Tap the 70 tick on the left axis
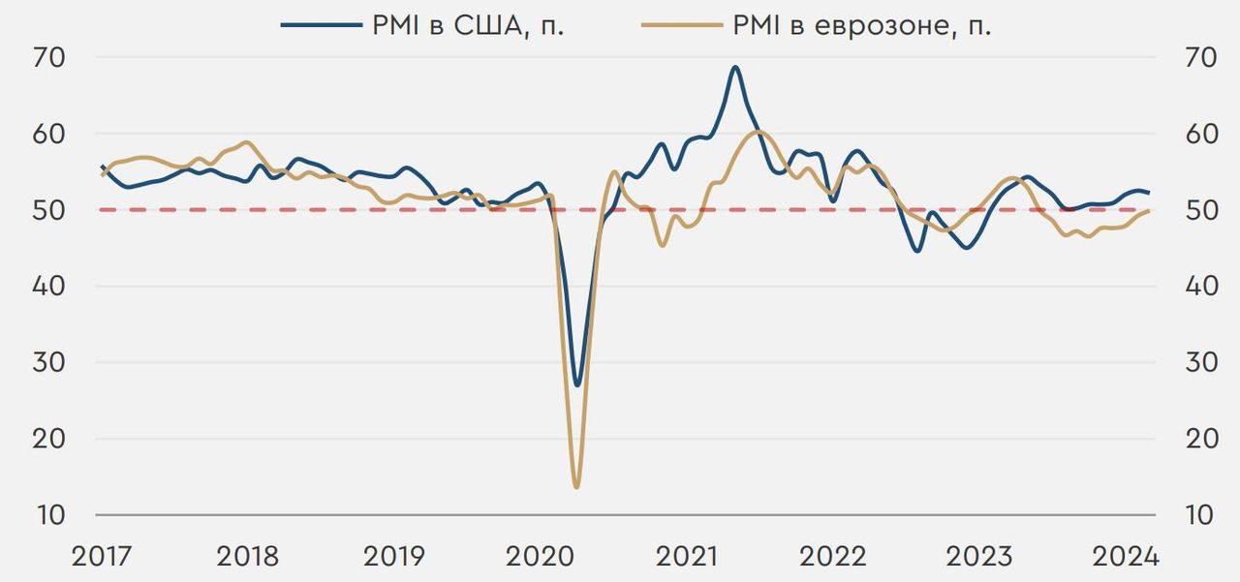point(50,57)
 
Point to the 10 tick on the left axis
point(50,515)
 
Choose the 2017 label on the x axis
point(101,557)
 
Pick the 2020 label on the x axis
point(540,557)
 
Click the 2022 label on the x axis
point(832,557)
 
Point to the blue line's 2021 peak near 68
point(735,67)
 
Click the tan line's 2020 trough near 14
point(576,486)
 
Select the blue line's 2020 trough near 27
point(577,385)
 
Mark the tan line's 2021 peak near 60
point(759,132)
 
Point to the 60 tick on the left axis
point(50,134)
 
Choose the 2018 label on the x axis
point(247,557)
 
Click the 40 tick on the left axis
point(50,287)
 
